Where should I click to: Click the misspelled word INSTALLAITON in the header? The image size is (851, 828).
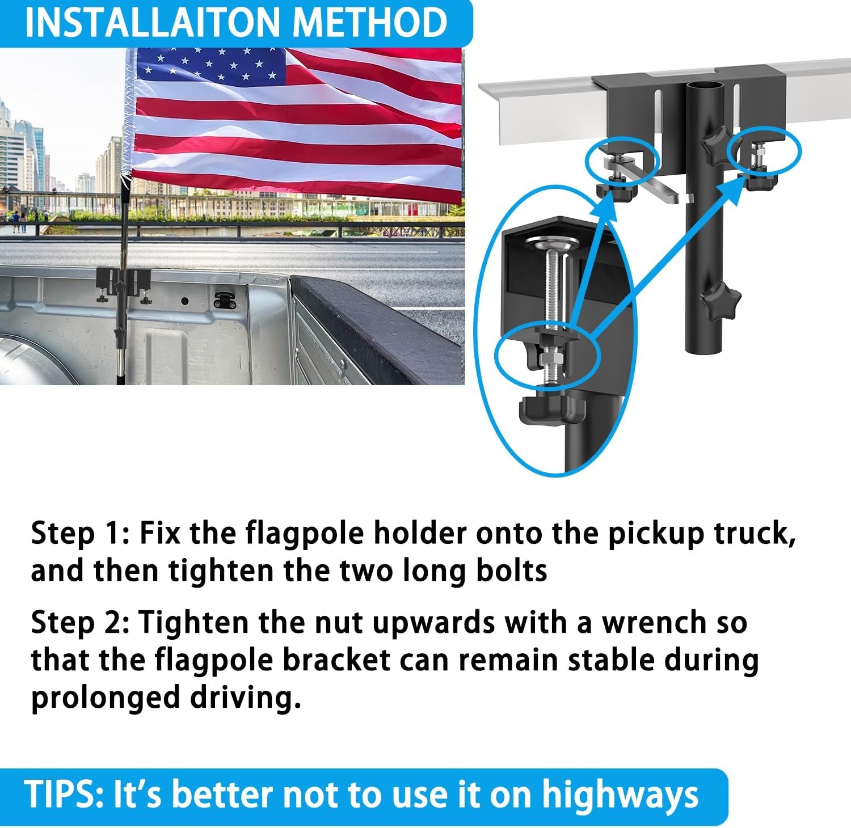(x=154, y=23)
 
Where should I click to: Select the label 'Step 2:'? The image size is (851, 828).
(x=79, y=623)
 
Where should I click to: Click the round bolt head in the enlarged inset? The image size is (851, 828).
(x=553, y=244)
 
